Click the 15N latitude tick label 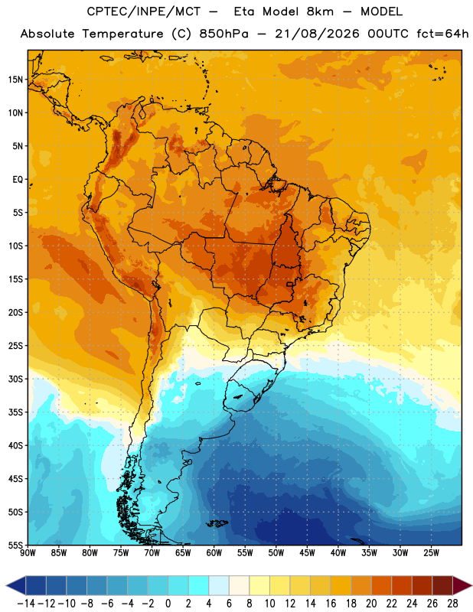(x=15, y=80)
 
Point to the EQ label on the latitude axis (x=18, y=180)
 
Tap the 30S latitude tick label (x=15, y=379)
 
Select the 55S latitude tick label (x=15, y=545)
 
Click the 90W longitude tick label (x=28, y=553)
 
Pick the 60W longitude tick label (x=214, y=553)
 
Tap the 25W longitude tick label (x=431, y=553)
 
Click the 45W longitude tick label (x=307, y=553)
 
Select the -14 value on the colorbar (x=26, y=604)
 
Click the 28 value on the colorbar (x=452, y=604)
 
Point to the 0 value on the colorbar (x=168, y=604)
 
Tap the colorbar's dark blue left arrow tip (x=7, y=585)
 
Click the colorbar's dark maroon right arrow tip (x=471, y=585)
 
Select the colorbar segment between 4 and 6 (x=219, y=585)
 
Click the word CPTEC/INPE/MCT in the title (x=144, y=11)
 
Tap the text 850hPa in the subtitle (x=223, y=34)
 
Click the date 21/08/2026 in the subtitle (x=317, y=34)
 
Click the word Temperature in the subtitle (x=122, y=34)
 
